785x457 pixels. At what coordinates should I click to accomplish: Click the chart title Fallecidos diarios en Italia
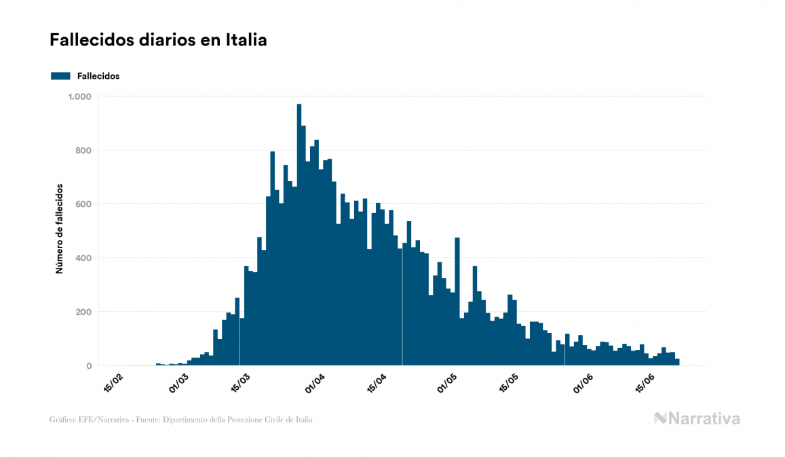(158, 41)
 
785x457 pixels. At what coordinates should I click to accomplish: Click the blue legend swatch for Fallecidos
(60, 76)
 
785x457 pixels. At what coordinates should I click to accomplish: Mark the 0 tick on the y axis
(88, 366)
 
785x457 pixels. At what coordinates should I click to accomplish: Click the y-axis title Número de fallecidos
(59, 228)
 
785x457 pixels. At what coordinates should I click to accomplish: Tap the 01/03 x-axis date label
(179, 382)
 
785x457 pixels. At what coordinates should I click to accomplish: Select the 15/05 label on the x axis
(510, 382)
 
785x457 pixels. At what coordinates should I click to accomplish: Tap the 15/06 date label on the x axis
(649, 382)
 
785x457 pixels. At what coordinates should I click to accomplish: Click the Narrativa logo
(697, 418)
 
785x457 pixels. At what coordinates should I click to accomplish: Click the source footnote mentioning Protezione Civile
(181, 420)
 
